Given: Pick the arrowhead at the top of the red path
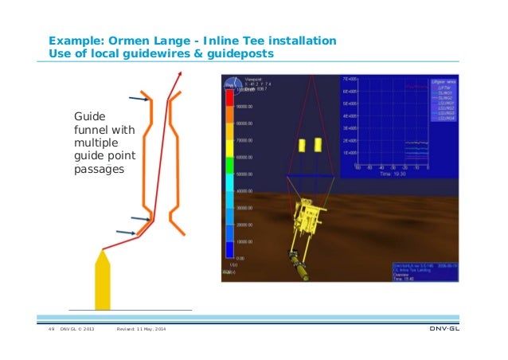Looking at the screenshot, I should tap(179, 73).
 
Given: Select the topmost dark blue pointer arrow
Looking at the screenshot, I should tap(139, 99).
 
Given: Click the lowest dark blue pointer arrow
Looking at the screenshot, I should tap(126, 233).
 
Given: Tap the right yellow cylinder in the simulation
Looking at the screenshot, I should tap(318, 146).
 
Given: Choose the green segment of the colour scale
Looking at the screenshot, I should tap(230, 166).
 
